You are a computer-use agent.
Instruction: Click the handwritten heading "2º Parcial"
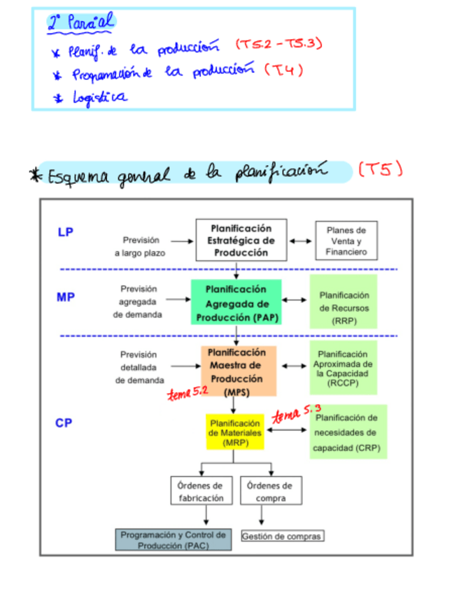coord(79,24)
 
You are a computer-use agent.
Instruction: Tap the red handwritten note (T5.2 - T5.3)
coord(278,45)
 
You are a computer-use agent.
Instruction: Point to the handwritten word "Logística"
coord(99,97)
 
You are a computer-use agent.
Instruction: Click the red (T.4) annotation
coord(284,70)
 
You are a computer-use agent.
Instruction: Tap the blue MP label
coord(66,297)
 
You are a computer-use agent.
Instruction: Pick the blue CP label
coord(64,422)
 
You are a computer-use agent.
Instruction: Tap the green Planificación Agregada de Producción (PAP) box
coord(236,302)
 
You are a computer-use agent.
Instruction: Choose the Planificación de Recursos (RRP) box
coord(344,301)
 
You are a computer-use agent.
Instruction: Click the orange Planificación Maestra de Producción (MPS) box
coord(239,371)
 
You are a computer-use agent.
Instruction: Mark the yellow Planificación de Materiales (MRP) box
coord(235,432)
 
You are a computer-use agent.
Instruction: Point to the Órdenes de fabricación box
coord(199,491)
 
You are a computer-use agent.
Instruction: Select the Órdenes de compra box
coord(270,491)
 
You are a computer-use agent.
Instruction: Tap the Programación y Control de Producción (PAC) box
coord(173,539)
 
